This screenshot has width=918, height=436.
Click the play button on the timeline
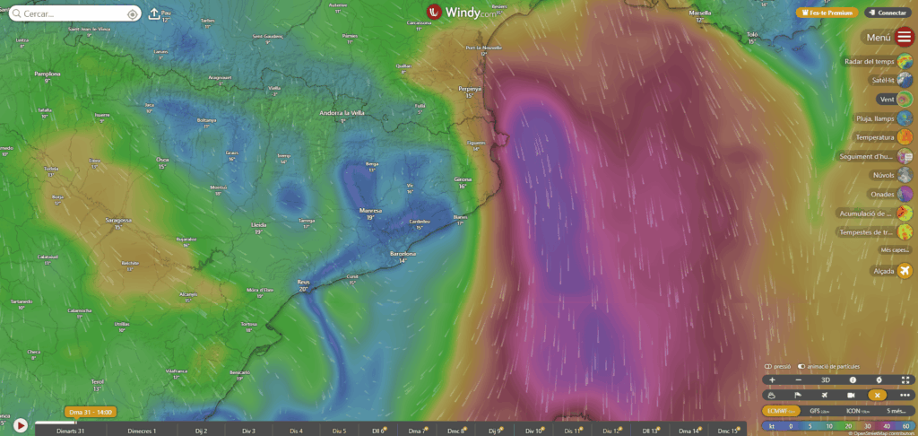pos(20,425)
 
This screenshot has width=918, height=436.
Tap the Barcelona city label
pos(403,254)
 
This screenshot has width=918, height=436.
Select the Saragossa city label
pos(117,219)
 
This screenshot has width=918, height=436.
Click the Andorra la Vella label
pos(342,113)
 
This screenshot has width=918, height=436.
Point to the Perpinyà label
pos(470,90)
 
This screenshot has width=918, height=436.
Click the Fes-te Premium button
pos(825,13)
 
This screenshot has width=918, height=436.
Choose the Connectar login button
pos(888,13)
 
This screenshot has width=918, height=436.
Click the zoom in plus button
pos(772,380)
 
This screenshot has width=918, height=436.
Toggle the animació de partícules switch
pos(802,367)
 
